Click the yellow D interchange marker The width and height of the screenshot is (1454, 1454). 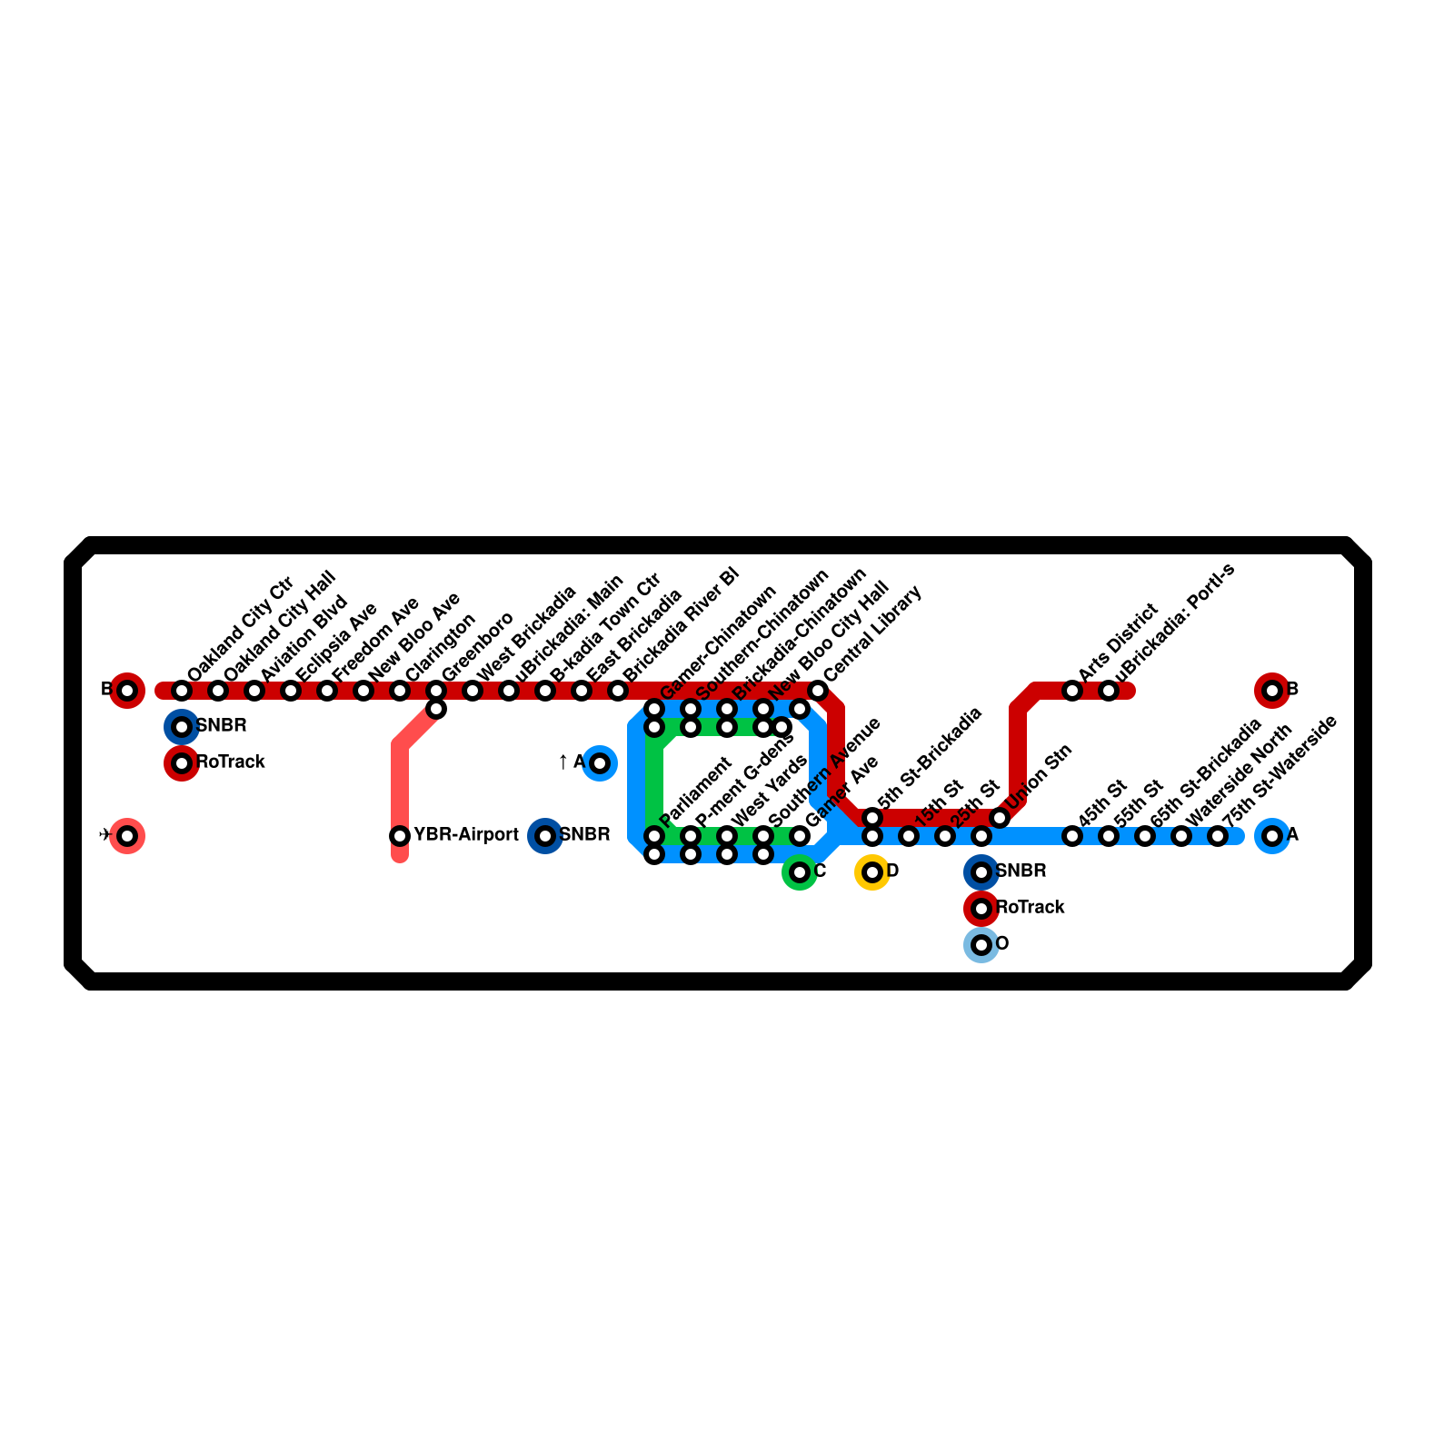click(871, 872)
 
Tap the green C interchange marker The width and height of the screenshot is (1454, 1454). click(799, 872)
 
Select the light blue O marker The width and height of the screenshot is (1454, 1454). click(981, 945)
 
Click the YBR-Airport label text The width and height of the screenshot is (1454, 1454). click(465, 835)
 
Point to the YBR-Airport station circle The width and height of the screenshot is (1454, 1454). click(400, 836)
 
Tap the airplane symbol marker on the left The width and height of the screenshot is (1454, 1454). click(127, 836)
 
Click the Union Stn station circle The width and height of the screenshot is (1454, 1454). click(1000, 818)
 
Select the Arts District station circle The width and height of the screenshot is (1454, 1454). click(1072, 691)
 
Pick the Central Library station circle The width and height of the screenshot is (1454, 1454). click(818, 691)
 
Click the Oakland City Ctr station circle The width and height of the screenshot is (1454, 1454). click(182, 691)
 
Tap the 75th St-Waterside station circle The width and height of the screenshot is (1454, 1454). click(1218, 836)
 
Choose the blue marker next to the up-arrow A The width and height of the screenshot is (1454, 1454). click(600, 763)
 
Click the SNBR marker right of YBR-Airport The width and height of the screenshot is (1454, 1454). click(545, 836)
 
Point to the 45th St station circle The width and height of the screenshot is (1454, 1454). click(1072, 836)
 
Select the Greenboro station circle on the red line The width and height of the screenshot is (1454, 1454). click(436, 691)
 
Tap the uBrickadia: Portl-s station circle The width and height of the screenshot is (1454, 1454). click(1109, 691)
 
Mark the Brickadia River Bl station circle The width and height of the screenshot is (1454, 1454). click(618, 691)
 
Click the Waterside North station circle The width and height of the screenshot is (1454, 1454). click(1181, 836)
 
